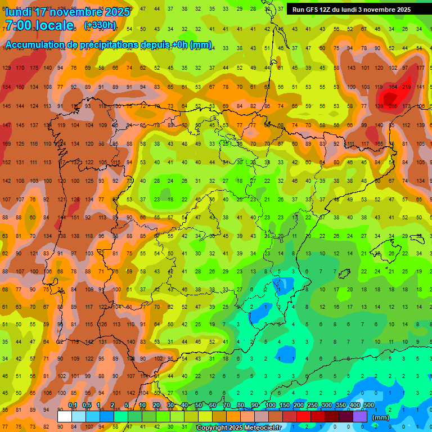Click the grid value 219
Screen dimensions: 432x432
coord(407,87)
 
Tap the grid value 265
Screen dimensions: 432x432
coord(393,106)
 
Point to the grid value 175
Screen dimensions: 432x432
coord(34,68)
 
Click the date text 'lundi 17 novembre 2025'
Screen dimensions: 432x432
coord(67,12)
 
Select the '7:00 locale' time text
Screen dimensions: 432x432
coord(39,25)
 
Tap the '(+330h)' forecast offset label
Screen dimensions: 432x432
coord(100,25)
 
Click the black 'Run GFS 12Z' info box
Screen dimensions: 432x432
coord(351,9)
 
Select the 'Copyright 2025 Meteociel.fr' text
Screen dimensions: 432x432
coord(238,428)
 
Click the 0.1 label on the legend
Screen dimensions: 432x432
coord(73,405)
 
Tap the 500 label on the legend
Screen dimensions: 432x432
coord(369,405)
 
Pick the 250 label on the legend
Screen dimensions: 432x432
coord(312,405)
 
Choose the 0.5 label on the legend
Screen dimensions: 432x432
coord(87,405)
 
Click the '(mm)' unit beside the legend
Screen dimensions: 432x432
coord(381,417)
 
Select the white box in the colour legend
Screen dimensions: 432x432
coord(65,416)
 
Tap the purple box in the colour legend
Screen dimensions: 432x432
coord(360,416)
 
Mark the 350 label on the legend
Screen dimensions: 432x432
coord(341,405)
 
